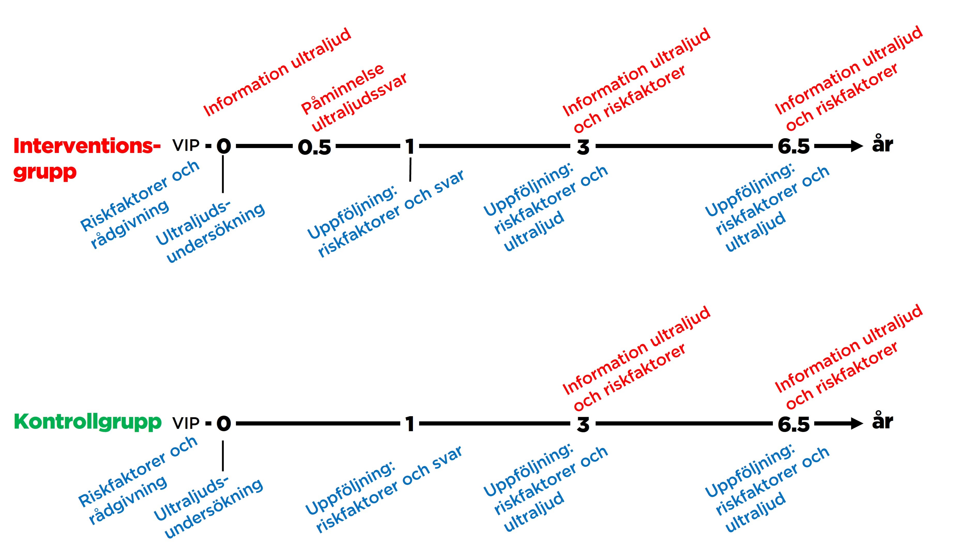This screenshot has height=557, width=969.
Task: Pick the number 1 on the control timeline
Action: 410,424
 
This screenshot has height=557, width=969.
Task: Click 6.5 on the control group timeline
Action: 794,424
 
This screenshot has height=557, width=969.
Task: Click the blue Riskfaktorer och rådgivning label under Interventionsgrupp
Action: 140,205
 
